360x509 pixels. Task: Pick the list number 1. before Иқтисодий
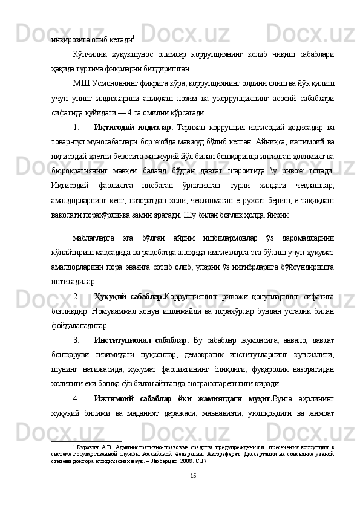tap(76, 128)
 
